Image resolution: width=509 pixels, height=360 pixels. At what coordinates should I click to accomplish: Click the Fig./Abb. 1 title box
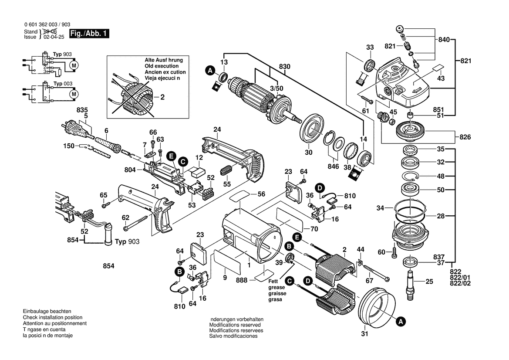click(90, 34)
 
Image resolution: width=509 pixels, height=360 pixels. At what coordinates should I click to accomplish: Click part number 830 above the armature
click(285, 66)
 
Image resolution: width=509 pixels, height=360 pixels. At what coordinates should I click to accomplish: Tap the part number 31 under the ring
click(364, 335)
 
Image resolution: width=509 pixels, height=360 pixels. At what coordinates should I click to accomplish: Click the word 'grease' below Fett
click(276, 288)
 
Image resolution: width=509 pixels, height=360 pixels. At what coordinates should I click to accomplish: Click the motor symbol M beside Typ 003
click(74, 93)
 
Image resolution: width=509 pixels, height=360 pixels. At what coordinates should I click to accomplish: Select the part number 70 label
click(314, 228)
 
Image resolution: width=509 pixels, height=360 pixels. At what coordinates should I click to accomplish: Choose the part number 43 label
click(441, 78)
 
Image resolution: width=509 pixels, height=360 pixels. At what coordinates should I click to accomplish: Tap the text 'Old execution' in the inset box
click(161, 66)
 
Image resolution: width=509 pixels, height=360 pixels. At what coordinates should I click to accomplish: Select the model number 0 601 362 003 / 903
click(47, 25)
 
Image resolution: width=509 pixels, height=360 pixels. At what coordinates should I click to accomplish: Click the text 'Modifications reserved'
click(235, 325)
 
